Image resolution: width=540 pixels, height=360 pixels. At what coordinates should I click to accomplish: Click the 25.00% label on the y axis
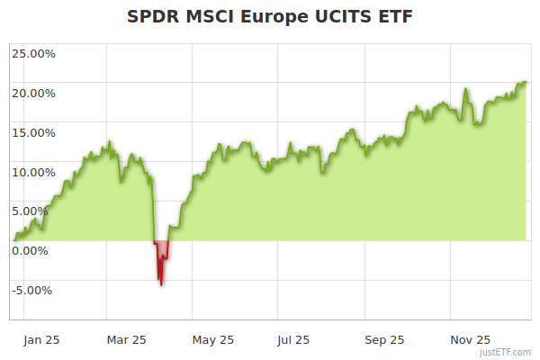pos(33,53)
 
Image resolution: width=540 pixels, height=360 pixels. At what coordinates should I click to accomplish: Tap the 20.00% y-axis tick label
pos(33,93)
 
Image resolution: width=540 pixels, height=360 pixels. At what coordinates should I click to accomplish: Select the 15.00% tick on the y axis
pos(33,132)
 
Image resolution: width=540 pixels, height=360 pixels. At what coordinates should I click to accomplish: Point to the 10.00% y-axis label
pos(33,172)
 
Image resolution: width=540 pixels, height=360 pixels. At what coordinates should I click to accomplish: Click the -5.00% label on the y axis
pos(34,290)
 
